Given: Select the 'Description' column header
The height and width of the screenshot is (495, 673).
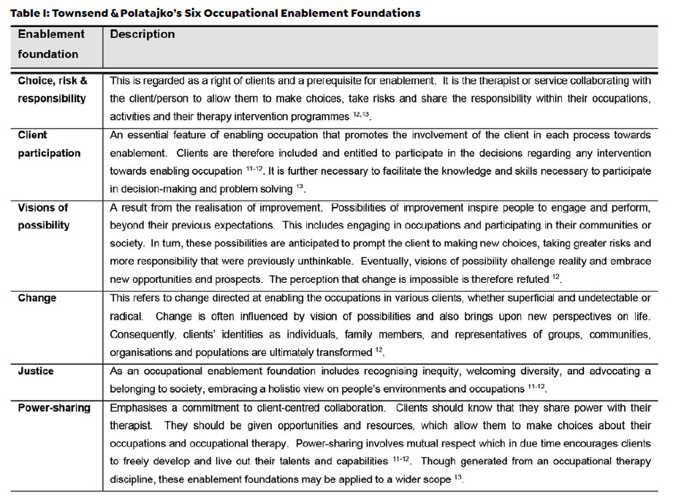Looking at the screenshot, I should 142,34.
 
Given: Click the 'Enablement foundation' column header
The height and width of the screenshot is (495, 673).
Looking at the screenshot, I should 51,44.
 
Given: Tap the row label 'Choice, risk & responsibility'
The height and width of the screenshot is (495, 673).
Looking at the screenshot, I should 52,90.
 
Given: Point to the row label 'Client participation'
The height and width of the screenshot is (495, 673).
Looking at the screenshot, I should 49,144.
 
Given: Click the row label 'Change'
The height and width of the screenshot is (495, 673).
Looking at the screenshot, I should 37,298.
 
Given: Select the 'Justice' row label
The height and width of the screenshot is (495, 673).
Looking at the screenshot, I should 36,371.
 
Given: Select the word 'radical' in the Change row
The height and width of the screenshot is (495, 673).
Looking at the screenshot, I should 128,317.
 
